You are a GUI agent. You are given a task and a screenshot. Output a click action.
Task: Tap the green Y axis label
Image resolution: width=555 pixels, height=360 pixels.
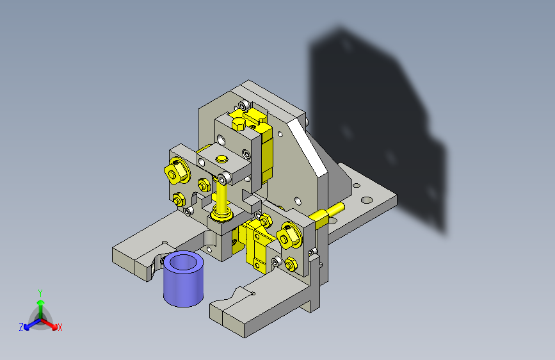pyautogui.click(x=40, y=293)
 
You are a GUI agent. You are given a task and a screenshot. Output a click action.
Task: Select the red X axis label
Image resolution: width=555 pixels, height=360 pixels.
pyautogui.click(x=60, y=328)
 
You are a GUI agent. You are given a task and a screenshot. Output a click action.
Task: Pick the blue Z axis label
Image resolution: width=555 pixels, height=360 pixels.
pyautogui.click(x=21, y=327)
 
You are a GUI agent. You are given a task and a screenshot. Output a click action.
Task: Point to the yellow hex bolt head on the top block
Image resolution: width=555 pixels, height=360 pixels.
pyautogui.click(x=239, y=124)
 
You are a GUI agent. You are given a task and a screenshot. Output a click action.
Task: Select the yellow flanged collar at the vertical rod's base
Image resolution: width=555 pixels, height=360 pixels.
pyautogui.click(x=221, y=214)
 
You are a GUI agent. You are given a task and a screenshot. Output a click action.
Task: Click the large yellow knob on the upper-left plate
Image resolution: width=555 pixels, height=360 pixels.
pyautogui.click(x=177, y=171)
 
